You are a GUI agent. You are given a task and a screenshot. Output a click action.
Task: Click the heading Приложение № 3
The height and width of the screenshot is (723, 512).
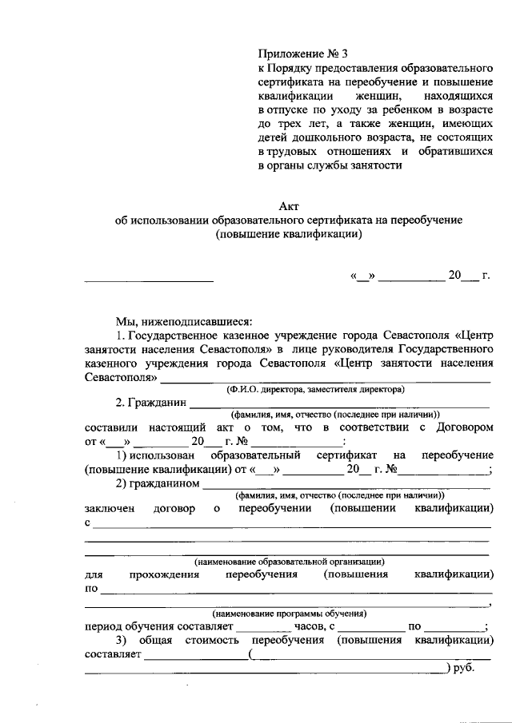point(303,54)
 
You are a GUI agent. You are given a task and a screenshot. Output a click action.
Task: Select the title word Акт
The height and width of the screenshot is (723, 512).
point(289,206)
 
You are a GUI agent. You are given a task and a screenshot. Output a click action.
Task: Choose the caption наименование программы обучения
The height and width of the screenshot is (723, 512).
point(289,614)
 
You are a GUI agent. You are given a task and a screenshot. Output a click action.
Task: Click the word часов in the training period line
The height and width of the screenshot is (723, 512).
point(300,626)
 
